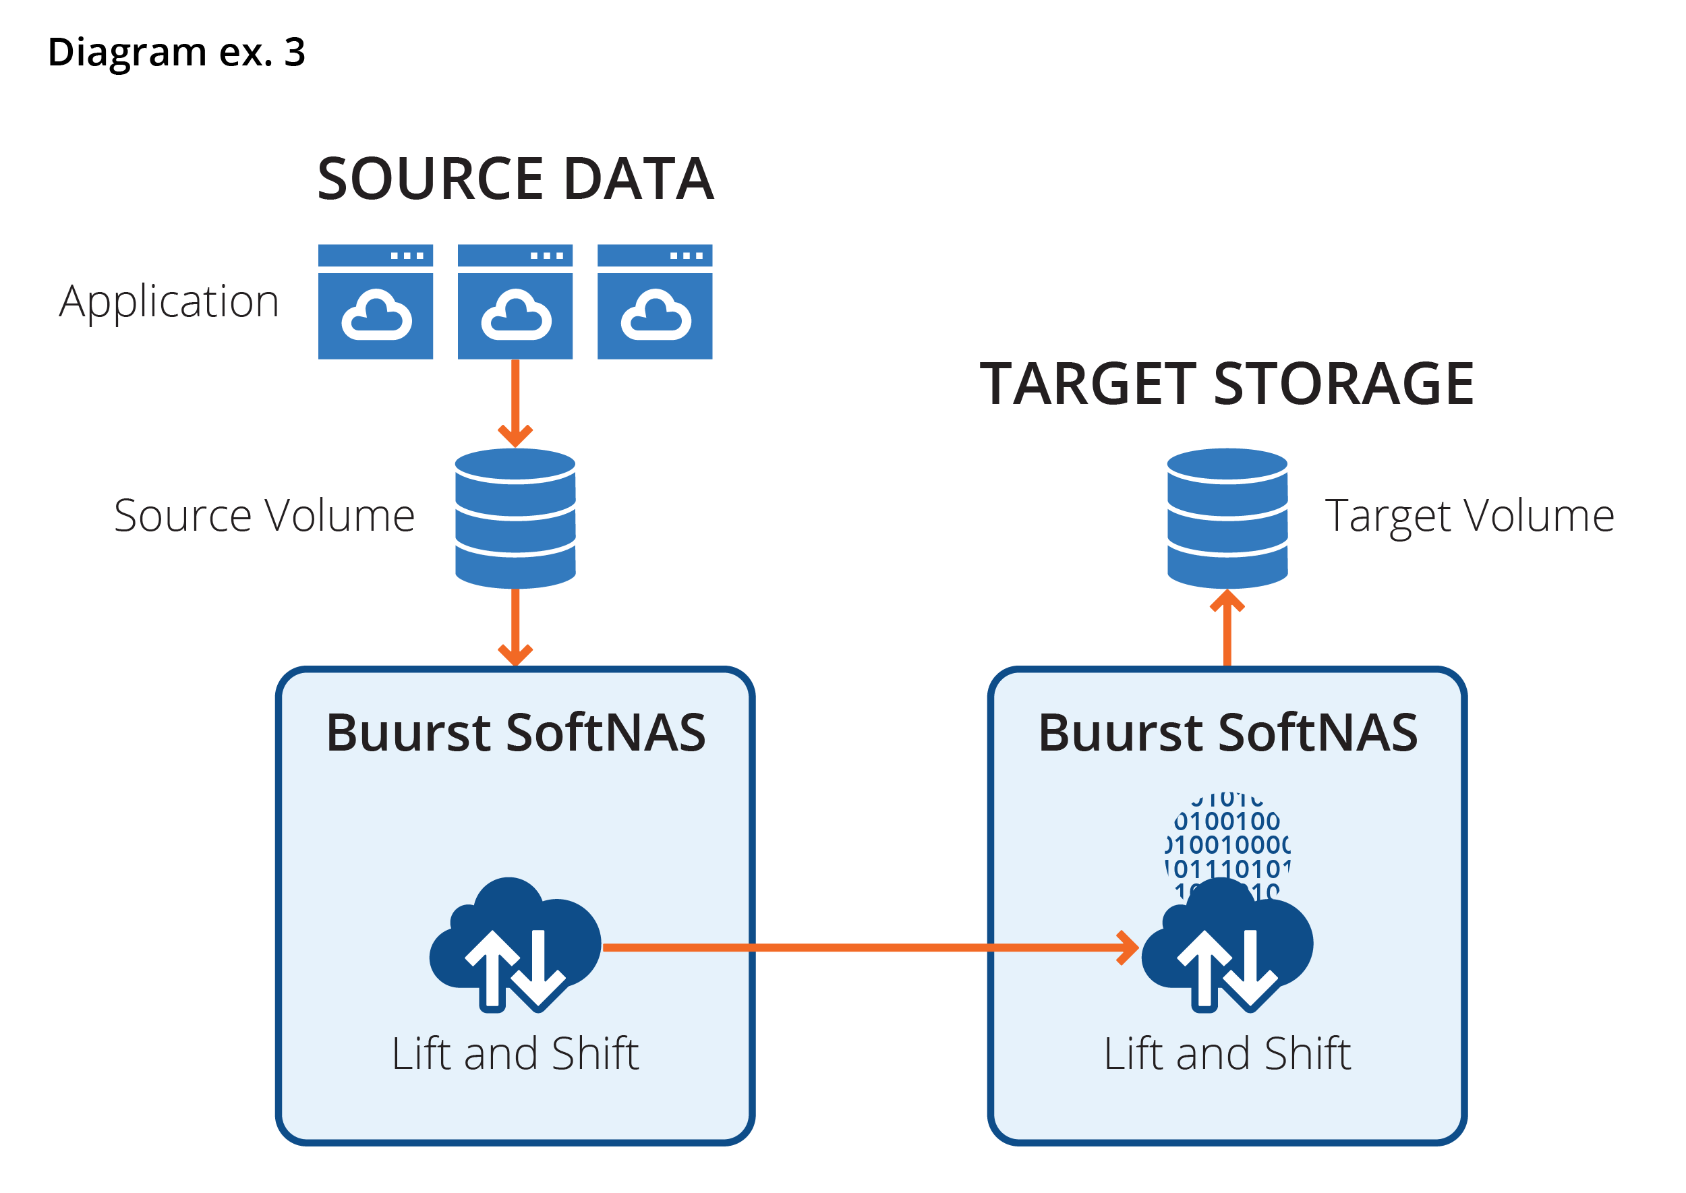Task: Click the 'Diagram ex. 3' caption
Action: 176,52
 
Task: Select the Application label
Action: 170,301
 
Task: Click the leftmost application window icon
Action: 376,302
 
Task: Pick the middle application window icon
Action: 515,302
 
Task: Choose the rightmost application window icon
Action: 655,302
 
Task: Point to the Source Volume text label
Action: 264,515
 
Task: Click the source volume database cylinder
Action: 515,518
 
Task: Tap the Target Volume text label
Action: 1470,515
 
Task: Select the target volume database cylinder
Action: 1227,518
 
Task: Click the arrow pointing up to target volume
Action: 1227,628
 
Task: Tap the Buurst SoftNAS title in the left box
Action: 515,732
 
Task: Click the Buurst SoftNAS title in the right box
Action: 1227,732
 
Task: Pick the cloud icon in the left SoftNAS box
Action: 515,944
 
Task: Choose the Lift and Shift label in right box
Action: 1227,1053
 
